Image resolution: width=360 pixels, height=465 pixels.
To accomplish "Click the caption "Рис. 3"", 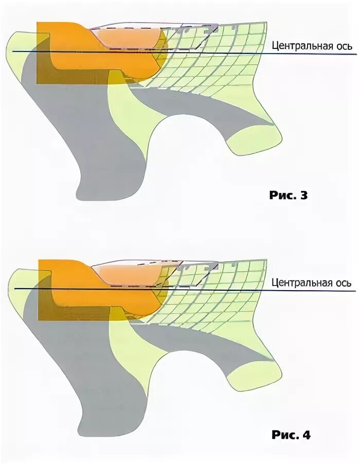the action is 288,195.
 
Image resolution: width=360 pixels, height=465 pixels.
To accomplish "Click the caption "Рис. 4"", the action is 291,435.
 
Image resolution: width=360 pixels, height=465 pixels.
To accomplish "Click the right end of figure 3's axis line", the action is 355,55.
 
